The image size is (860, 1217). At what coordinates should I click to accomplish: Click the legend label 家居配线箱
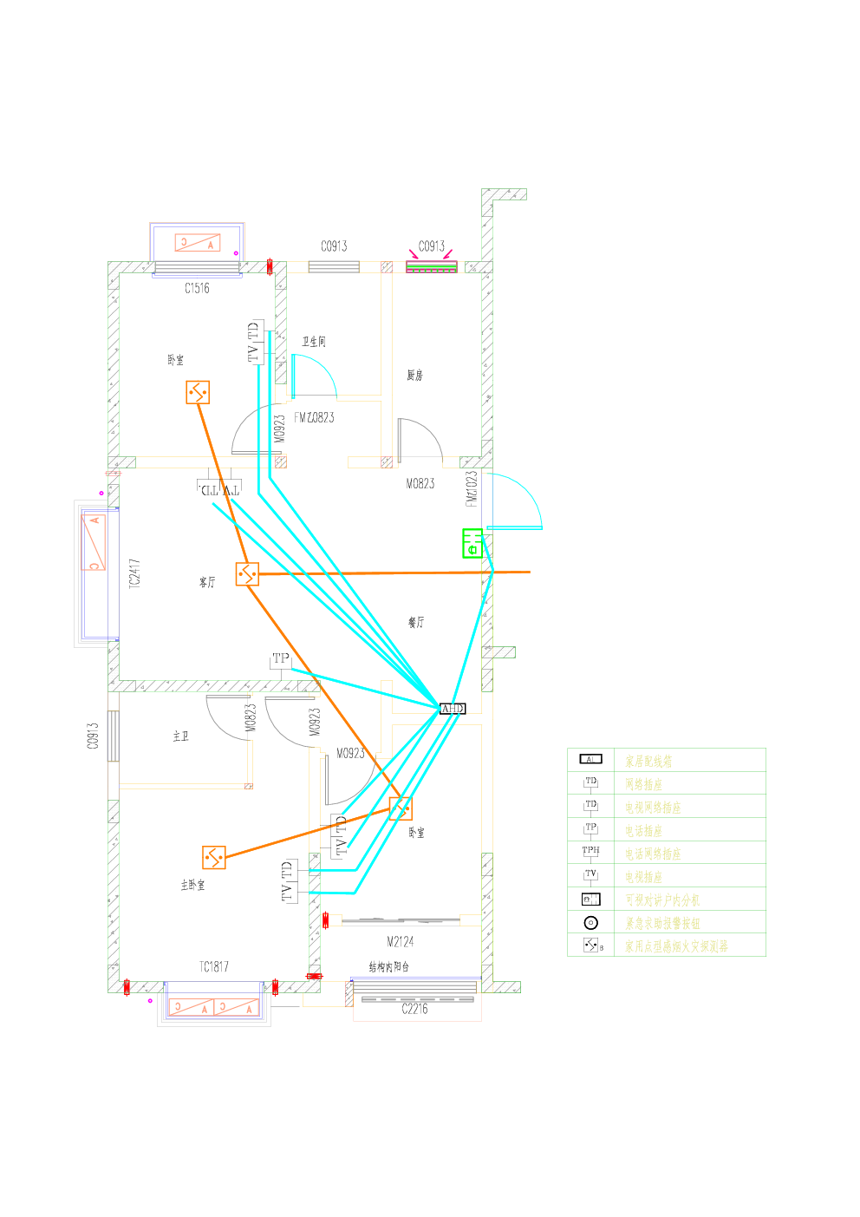pos(648,762)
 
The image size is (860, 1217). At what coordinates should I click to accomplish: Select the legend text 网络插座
pos(643,784)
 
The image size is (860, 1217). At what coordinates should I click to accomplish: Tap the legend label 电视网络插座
pos(653,808)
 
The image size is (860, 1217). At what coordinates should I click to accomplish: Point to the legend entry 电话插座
pos(643,831)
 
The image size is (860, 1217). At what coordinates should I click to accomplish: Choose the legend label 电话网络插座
pos(653,854)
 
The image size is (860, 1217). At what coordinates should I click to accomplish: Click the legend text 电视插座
pos(643,877)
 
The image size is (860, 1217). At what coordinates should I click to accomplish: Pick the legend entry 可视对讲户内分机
pos(662,900)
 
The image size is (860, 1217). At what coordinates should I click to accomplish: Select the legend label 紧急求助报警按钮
pos(662,923)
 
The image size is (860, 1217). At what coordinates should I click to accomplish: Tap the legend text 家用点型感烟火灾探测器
pos(676,946)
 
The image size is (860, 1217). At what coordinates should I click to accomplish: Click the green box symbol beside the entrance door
pos(472,543)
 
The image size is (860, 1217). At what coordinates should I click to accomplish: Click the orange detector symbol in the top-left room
pos(198,392)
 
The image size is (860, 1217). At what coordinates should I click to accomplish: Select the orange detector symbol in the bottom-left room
pos(214,858)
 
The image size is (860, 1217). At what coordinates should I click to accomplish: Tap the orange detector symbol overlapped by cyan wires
pos(401,808)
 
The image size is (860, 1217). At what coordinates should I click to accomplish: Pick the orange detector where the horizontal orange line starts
pos(247,573)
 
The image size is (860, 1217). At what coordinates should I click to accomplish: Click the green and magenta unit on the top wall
pos(432,265)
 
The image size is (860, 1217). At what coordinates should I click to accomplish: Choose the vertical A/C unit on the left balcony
pos(93,543)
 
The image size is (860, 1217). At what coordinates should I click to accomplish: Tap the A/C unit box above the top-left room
pos(198,243)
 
